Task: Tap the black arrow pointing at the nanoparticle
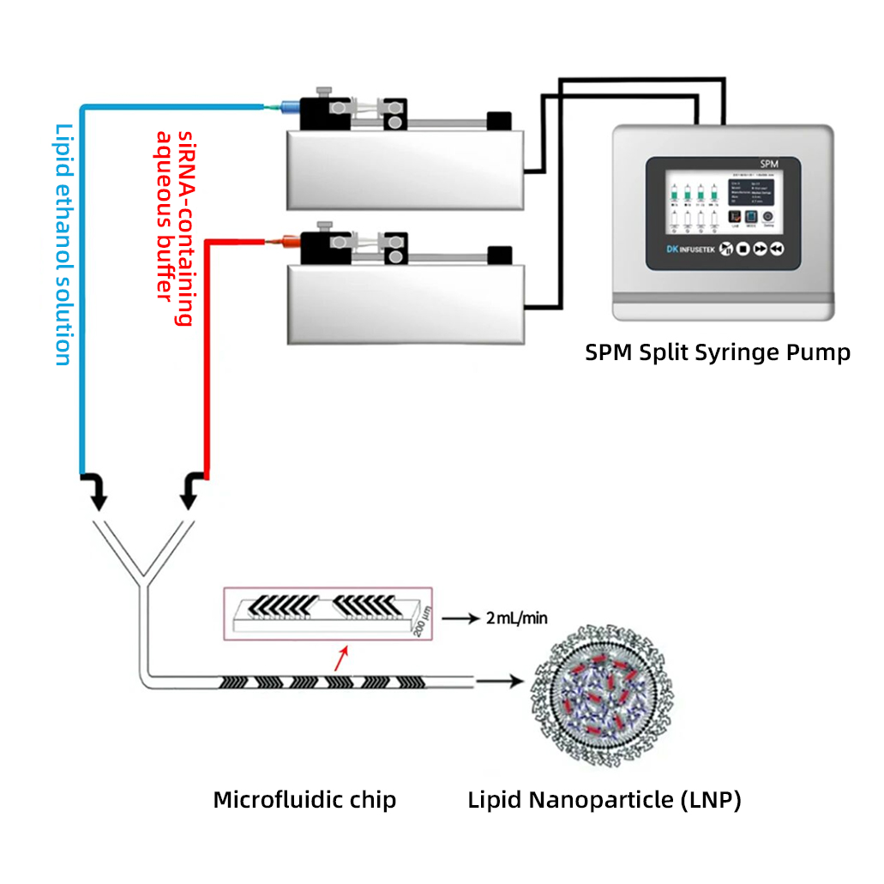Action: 499,683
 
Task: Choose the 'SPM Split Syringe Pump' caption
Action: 718,352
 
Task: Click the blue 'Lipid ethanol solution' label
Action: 63,244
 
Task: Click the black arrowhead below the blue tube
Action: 98,494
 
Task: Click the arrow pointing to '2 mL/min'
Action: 462,618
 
